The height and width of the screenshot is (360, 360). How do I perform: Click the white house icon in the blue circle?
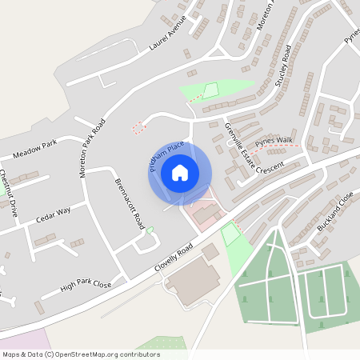pyautogui.click(x=180, y=172)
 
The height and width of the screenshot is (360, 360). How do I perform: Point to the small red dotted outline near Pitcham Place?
pyautogui.click(x=139, y=127)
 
